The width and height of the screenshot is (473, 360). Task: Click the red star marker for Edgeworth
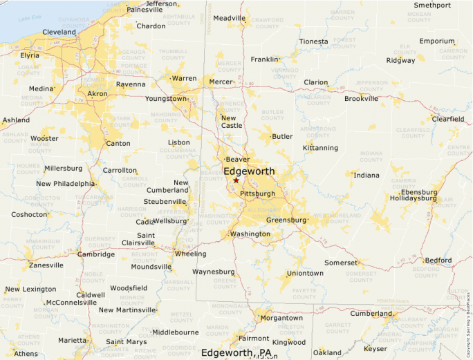[x=236, y=180]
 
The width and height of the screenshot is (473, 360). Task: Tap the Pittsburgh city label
[x=257, y=193]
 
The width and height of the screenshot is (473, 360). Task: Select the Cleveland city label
[x=59, y=32]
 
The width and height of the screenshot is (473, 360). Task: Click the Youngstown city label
[x=165, y=99]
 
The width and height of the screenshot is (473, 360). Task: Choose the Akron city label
[x=97, y=93]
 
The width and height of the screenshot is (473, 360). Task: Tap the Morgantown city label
[x=281, y=318]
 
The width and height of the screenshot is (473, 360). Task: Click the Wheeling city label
[x=191, y=254]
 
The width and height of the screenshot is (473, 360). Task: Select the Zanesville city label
[x=46, y=265]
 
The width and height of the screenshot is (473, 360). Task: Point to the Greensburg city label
[x=286, y=220]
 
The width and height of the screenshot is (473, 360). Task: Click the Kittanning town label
[x=320, y=148]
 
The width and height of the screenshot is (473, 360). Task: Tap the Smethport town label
[x=432, y=5]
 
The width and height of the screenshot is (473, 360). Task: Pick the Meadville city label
[x=229, y=18]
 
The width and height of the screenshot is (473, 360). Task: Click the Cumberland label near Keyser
[x=371, y=313]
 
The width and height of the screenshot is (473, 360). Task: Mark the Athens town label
[x=26, y=354]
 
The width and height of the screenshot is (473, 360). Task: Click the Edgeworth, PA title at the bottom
[x=236, y=352]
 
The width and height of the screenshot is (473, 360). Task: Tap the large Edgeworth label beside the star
[x=249, y=171]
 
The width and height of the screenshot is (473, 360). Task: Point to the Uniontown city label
[x=304, y=273]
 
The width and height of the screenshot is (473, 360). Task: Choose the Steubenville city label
[x=165, y=201]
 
